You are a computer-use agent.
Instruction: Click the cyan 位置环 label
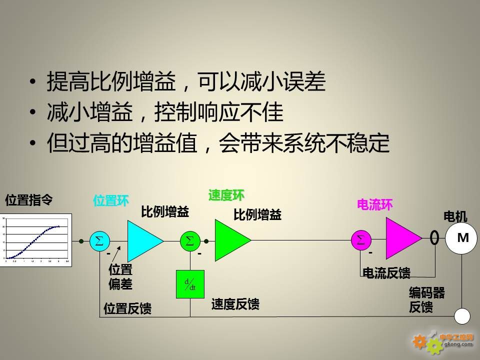(111, 201)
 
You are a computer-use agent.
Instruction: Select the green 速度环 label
(226, 195)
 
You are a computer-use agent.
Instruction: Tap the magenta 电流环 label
(374, 204)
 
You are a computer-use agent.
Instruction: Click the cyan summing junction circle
(99, 241)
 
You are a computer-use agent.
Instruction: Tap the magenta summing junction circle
(360, 240)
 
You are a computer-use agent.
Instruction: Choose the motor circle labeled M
(462, 238)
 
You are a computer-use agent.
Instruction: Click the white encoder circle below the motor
(462, 316)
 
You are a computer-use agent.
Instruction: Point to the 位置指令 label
(28, 200)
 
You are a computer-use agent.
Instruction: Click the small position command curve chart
(36, 240)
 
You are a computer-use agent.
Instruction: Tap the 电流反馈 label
(386, 273)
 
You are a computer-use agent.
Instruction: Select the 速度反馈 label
(235, 304)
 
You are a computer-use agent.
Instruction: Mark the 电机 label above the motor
(455, 216)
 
